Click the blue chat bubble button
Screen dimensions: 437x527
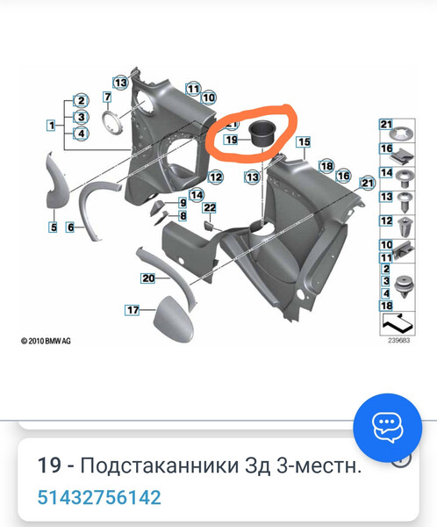tap(387, 428)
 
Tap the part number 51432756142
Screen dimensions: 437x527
tap(99, 497)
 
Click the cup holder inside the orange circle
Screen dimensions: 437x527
tap(261, 134)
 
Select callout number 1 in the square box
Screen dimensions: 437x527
tap(52, 126)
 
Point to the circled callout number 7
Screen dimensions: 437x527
tap(107, 97)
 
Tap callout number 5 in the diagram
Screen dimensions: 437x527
tap(54, 227)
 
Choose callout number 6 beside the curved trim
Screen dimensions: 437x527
tap(70, 227)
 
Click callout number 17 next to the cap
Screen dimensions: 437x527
tap(133, 309)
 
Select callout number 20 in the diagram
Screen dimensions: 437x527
tap(148, 278)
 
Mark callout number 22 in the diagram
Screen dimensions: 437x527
tap(210, 207)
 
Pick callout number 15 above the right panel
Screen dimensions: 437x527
tap(304, 141)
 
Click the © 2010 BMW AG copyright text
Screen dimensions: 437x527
tap(46, 341)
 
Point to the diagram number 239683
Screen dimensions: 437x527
tap(398, 340)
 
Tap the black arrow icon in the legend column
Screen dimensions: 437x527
tap(398, 323)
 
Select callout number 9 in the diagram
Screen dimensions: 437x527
tap(183, 203)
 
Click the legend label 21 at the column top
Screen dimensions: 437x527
tap(386, 125)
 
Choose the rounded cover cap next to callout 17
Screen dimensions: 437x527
tap(174, 320)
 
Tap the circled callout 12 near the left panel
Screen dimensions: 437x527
tap(216, 177)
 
